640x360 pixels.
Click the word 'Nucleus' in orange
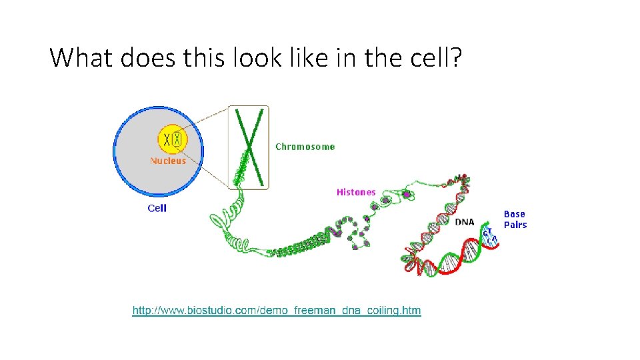pyautogui.click(x=168, y=161)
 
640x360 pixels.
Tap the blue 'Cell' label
pyautogui.click(x=157, y=208)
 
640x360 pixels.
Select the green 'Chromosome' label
pyautogui.click(x=305, y=147)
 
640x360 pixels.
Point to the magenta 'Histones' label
pyautogui.click(x=356, y=192)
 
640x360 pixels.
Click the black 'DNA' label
pyautogui.click(x=465, y=222)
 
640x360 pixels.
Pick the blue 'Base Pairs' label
pyautogui.click(x=515, y=219)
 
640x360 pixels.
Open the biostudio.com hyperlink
pyautogui.click(x=277, y=311)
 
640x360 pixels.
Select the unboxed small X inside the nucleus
pyautogui.click(x=166, y=140)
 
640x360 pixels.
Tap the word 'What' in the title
pyautogui.click(x=83, y=59)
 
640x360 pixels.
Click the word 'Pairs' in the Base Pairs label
pyautogui.click(x=515, y=225)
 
